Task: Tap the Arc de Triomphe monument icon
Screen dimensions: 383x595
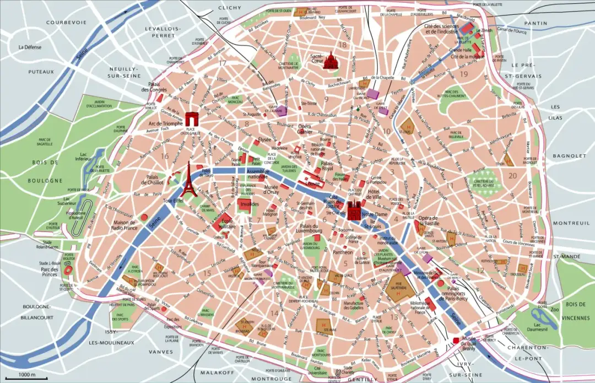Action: click(x=192, y=118)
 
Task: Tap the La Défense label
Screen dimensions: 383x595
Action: click(x=31, y=47)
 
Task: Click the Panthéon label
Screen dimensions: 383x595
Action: click(x=343, y=252)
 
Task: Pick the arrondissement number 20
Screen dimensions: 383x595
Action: click(x=513, y=176)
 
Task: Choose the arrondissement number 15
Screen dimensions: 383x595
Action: click(x=207, y=273)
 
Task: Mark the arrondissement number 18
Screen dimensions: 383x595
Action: click(x=343, y=45)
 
